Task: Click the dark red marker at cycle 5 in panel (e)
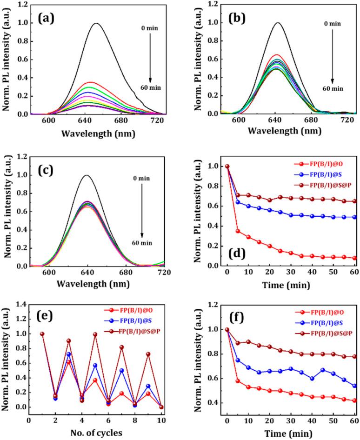[95, 334]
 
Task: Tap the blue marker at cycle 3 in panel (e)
[69, 354]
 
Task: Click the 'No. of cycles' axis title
[96, 433]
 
